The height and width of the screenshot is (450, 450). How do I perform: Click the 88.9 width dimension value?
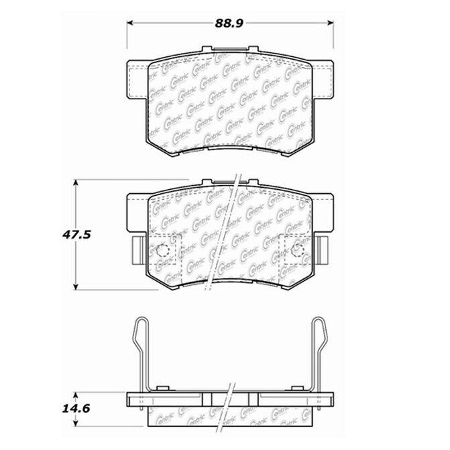click(229, 23)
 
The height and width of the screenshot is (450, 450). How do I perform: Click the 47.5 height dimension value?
click(76, 235)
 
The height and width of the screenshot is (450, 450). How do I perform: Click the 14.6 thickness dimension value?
click(76, 408)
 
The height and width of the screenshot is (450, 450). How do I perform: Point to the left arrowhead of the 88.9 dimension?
click(130, 23)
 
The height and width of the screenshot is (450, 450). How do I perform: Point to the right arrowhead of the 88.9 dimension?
click(331, 23)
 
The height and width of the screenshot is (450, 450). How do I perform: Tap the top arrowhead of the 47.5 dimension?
click(76, 183)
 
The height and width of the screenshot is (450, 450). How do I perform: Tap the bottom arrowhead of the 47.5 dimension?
click(76, 286)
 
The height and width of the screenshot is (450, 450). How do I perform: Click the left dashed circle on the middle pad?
click(162, 251)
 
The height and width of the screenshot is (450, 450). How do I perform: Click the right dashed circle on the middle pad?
click(297, 251)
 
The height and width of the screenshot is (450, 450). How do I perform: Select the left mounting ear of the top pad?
click(137, 80)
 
